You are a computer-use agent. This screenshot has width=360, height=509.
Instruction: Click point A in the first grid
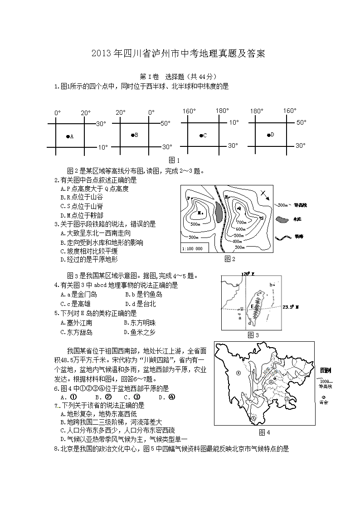tap(68, 136)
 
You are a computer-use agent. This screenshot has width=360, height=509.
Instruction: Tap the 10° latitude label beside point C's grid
tap(234, 122)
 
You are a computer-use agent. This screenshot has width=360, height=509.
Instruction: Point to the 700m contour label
tap(241, 223)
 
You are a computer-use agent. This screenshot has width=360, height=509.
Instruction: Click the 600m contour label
tap(241, 229)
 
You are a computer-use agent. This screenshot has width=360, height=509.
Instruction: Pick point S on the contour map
tap(262, 218)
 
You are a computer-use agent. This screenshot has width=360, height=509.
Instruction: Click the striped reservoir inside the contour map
tap(219, 211)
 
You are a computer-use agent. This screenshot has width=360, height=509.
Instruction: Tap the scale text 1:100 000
tap(193, 248)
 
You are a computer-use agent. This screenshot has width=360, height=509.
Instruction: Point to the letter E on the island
tap(252, 306)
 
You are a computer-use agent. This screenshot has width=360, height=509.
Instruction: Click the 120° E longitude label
tap(247, 274)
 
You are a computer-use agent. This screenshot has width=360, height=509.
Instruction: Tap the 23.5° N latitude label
tap(291, 307)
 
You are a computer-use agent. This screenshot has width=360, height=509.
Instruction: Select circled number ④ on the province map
tap(238, 373)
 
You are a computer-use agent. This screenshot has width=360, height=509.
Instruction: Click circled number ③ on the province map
tap(253, 417)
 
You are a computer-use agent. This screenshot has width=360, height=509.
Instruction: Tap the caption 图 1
tap(174, 160)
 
